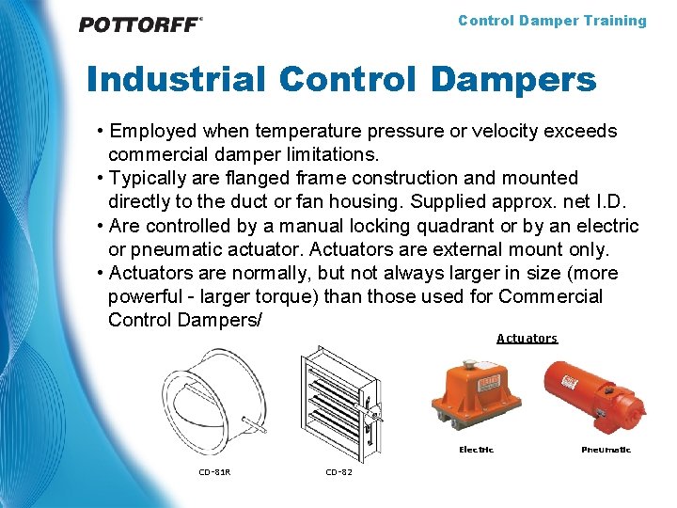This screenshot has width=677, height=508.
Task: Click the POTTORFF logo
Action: pyautogui.click(x=140, y=24)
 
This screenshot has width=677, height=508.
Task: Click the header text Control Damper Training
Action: pyautogui.click(x=552, y=21)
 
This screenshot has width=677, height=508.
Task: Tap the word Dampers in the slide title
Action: pyautogui.click(x=513, y=80)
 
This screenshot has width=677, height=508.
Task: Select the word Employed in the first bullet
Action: pyautogui.click(x=154, y=131)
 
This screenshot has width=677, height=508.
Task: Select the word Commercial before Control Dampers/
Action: pyautogui.click(x=550, y=297)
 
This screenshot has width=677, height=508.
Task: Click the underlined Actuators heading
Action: pyautogui.click(x=527, y=339)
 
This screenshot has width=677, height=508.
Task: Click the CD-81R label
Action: pyautogui.click(x=214, y=472)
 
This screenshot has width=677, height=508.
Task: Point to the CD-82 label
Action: pyautogui.click(x=339, y=472)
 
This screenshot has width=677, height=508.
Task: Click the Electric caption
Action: pyautogui.click(x=476, y=450)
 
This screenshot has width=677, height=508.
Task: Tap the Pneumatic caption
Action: pyautogui.click(x=606, y=450)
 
